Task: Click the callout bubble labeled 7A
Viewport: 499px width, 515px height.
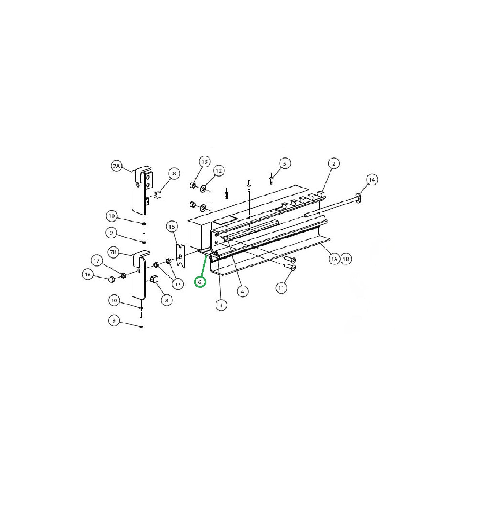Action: pyautogui.click(x=117, y=166)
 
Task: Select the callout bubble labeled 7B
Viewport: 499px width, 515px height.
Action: pyautogui.click(x=114, y=252)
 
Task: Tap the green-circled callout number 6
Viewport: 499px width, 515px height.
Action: pyautogui.click(x=200, y=282)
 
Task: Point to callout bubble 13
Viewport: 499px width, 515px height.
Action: pyautogui.click(x=204, y=162)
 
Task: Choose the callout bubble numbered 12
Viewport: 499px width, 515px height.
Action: pyautogui.click(x=219, y=171)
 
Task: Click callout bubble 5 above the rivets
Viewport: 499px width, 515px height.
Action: pyautogui.click(x=285, y=164)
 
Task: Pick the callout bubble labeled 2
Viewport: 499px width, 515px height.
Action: pyautogui.click(x=334, y=164)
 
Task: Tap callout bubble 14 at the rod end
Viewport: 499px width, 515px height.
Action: pyautogui.click(x=372, y=180)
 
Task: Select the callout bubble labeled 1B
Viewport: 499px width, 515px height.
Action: pyautogui.click(x=346, y=259)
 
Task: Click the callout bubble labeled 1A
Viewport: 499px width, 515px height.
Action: pyautogui.click(x=334, y=259)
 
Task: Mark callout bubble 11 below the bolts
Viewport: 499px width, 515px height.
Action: pyautogui.click(x=281, y=288)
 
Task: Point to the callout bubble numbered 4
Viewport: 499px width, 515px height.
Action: pyautogui.click(x=243, y=292)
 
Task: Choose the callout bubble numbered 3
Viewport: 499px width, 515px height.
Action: pyautogui.click(x=221, y=305)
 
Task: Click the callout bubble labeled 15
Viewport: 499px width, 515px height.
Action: pyautogui.click(x=172, y=227)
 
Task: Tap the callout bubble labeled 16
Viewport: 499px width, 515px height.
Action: pyautogui.click(x=88, y=274)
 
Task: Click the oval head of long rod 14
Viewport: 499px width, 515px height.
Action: pyautogui.click(x=359, y=198)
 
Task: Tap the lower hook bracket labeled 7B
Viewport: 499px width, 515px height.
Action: pyautogui.click(x=139, y=276)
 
